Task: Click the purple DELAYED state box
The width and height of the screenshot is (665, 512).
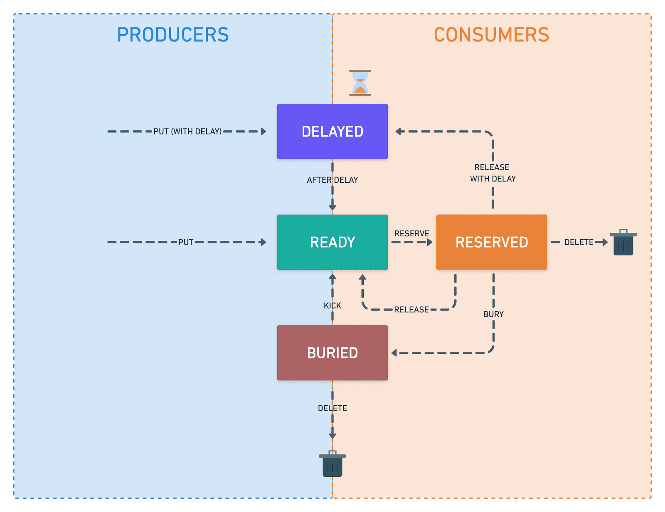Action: pyautogui.click(x=332, y=131)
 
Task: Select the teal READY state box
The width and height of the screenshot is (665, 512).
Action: pyautogui.click(x=332, y=242)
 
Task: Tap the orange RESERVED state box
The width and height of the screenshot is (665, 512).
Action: pyautogui.click(x=492, y=242)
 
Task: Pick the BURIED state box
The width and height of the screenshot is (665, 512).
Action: pyautogui.click(x=332, y=353)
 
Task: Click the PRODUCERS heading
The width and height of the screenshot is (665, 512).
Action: pyautogui.click(x=173, y=35)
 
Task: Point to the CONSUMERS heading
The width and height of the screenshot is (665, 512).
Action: pyautogui.click(x=491, y=35)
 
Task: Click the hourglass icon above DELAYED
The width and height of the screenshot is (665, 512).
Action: pyautogui.click(x=360, y=83)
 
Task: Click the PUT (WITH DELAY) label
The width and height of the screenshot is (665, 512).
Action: pyautogui.click(x=187, y=132)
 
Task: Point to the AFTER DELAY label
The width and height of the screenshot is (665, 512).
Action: pyautogui.click(x=332, y=180)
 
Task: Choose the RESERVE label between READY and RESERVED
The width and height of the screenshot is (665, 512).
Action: pyautogui.click(x=411, y=233)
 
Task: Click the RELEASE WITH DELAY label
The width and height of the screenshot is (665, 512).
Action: pyautogui.click(x=493, y=173)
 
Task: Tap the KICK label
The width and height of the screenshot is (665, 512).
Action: pyautogui.click(x=332, y=306)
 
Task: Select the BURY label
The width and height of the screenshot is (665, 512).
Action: pyautogui.click(x=493, y=314)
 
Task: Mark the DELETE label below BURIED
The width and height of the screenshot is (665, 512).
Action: pyautogui.click(x=332, y=408)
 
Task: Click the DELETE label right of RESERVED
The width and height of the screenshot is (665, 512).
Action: pyautogui.click(x=579, y=242)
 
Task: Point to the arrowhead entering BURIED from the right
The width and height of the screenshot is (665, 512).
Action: pyautogui.click(x=394, y=353)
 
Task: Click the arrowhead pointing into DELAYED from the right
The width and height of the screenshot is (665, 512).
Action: pyautogui.click(x=398, y=131)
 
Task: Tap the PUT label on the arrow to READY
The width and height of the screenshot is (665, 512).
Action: pyautogui.click(x=186, y=242)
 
